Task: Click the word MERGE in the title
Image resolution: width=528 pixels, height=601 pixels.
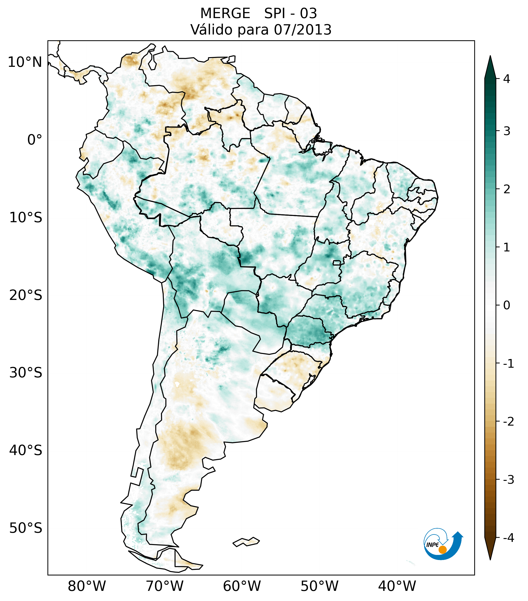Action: (x=225, y=14)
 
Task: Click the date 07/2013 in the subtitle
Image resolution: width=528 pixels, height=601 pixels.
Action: (x=303, y=30)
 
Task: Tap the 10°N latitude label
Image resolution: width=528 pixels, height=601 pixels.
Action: (x=25, y=62)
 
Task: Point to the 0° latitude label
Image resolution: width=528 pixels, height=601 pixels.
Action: (x=35, y=140)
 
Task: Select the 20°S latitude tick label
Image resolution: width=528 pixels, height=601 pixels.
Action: (x=26, y=295)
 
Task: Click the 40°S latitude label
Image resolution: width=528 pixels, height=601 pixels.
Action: (x=26, y=450)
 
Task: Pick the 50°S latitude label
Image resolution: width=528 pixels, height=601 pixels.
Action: (x=26, y=528)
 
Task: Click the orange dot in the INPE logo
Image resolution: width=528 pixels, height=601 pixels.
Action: (x=442, y=550)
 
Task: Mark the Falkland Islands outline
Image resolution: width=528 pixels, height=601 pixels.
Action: (x=246, y=542)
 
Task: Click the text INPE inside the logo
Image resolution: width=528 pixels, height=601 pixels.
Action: (x=432, y=545)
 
